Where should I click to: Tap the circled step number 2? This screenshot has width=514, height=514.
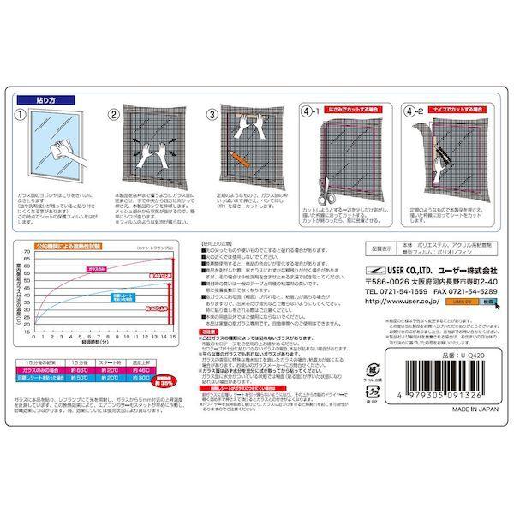click(113, 112)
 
